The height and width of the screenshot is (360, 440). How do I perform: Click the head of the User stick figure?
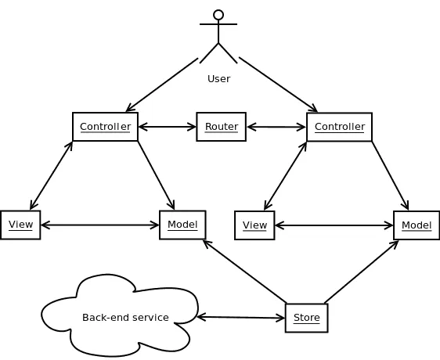(x=218, y=15)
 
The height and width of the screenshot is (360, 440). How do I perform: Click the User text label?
(x=218, y=78)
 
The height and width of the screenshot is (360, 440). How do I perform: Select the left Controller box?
(x=105, y=127)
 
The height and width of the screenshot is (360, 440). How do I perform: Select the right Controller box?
(x=339, y=127)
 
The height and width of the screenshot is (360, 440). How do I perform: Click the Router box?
(x=221, y=127)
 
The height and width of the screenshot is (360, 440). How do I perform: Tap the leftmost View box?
(x=20, y=225)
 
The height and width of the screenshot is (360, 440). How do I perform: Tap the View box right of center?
(x=254, y=225)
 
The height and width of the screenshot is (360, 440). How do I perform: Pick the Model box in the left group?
(x=182, y=225)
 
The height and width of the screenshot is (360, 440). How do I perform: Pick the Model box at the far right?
(x=417, y=225)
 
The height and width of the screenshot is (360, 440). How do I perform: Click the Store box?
(x=306, y=318)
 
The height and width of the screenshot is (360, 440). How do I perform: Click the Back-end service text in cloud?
(x=125, y=317)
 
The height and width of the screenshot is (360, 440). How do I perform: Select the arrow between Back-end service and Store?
(x=241, y=317)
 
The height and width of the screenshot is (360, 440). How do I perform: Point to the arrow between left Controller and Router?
(x=167, y=127)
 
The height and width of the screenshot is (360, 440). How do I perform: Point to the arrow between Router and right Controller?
(x=276, y=127)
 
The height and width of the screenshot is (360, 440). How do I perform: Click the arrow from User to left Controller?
(x=162, y=85)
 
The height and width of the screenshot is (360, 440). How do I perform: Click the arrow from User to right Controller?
(x=278, y=85)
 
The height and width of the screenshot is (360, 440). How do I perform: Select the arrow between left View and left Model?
(x=99, y=225)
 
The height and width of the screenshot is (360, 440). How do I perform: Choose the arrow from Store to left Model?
(x=244, y=271)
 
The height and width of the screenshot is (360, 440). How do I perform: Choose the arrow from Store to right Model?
(x=361, y=271)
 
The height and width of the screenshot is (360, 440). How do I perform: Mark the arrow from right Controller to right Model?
(x=390, y=175)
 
